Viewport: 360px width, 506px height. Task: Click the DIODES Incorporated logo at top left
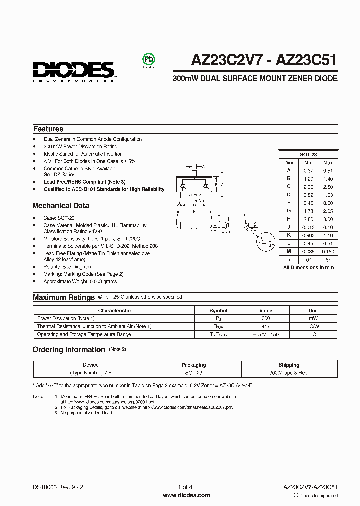pyautogui.click(x=74, y=70)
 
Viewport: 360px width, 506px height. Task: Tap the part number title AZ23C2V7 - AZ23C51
pyautogui.click(x=264, y=60)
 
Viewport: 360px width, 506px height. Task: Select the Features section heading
pyautogui.click(x=48, y=129)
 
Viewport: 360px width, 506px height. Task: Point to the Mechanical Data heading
pyautogui.click(x=61, y=206)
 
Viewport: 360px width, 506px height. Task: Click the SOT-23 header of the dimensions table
pyautogui.click(x=308, y=155)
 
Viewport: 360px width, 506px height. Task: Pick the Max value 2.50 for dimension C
pyautogui.click(x=328, y=186)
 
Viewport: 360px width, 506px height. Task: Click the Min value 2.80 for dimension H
pyautogui.click(x=308, y=219)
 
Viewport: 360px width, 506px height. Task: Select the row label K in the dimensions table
pyautogui.click(x=289, y=235)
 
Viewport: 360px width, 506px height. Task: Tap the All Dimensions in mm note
pyautogui.click(x=308, y=268)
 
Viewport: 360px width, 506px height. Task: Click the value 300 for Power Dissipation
pyautogui.click(x=266, y=318)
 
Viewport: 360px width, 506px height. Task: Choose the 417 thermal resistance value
pyautogui.click(x=266, y=326)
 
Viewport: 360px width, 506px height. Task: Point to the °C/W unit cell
pyautogui.click(x=313, y=326)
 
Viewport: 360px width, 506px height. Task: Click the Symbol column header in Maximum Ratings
pyautogui.click(x=218, y=310)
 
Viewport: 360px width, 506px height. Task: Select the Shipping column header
pyautogui.click(x=289, y=365)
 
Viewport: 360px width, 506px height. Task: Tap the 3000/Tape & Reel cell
pyautogui.click(x=289, y=373)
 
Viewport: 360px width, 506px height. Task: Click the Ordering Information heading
pyautogui.click(x=69, y=350)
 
